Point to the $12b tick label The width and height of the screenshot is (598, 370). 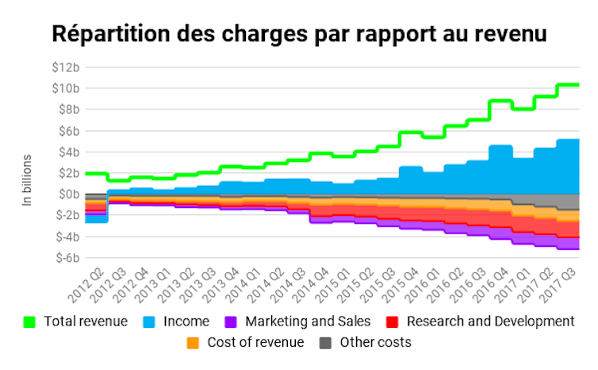(x=66, y=67)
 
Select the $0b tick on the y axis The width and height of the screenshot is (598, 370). (x=68, y=194)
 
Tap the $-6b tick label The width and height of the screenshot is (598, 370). (x=66, y=258)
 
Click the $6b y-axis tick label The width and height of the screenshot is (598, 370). (x=68, y=130)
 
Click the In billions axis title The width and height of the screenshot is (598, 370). (x=27, y=181)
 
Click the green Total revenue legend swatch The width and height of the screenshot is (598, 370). (x=30, y=322)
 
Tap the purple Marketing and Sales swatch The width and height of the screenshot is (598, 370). (x=230, y=322)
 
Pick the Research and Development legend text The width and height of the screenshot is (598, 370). (x=490, y=322)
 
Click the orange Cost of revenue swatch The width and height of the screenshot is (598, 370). (x=192, y=343)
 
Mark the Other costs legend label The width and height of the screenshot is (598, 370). (x=375, y=343)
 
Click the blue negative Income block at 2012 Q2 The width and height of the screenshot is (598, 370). (x=96, y=218)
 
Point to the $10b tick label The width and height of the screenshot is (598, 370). (x=66, y=88)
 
